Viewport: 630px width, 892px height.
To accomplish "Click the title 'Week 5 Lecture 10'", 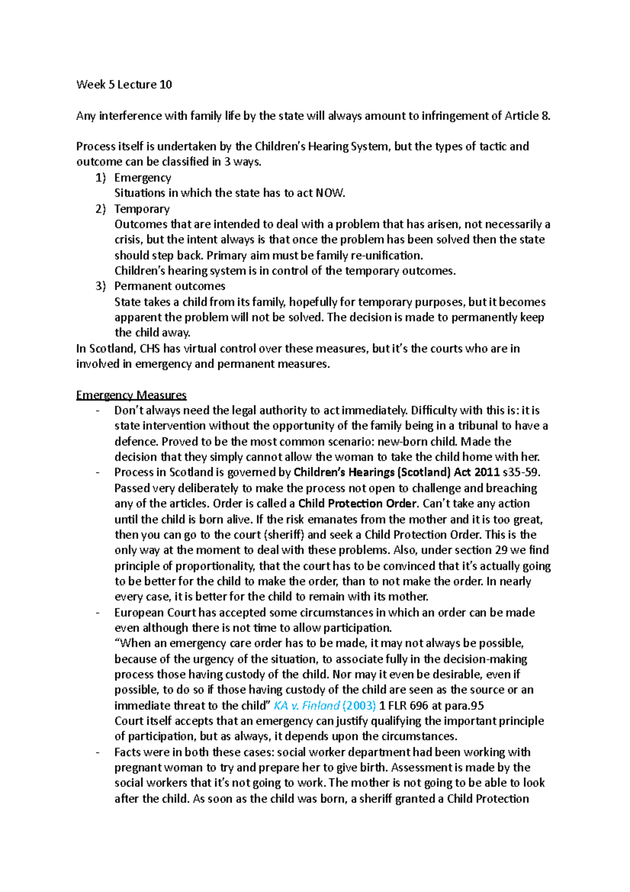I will (x=124, y=85).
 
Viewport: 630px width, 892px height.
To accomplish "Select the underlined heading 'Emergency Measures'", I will (x=131, y=395).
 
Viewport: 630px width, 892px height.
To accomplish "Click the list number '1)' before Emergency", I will (x=100, y=178).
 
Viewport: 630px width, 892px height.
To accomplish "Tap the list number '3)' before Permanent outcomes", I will (x=100, y=286).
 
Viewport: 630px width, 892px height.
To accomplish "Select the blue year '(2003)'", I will (x=359, y=706).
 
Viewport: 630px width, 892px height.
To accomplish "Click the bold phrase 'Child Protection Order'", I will (x=358, y=504).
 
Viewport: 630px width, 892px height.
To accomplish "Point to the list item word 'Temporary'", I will (x=142, y=209).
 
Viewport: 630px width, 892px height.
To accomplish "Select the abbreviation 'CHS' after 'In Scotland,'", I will (x=150, y=349).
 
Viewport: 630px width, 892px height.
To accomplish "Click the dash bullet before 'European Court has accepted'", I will (x=98, y=613).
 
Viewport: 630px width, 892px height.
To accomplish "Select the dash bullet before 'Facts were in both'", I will (x=98, y=753).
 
